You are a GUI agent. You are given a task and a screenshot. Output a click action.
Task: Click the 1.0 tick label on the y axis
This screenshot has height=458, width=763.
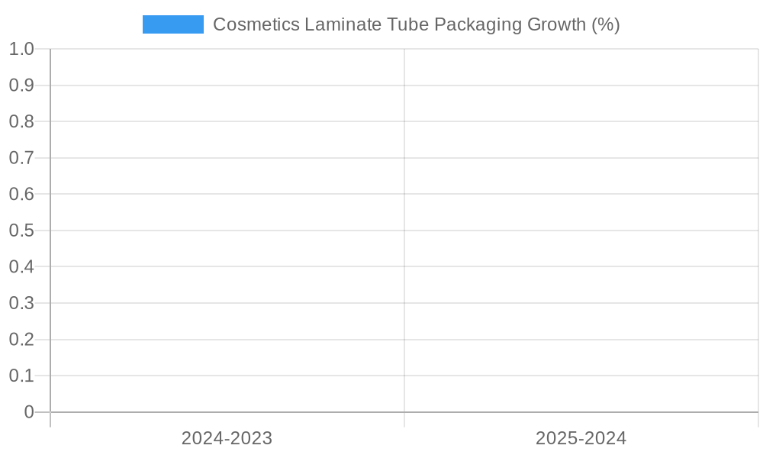click(x=21, y=49)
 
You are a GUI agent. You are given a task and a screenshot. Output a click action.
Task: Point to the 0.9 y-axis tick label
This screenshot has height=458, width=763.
click(x=21, y=85)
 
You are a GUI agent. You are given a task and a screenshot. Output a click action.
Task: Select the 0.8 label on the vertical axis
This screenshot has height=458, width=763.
click(x=21, y=121)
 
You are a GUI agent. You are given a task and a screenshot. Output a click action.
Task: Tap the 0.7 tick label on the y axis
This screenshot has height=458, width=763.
click(x=21, y=158)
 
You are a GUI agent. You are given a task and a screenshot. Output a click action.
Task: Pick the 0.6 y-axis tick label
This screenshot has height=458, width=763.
click(x=21, y=194)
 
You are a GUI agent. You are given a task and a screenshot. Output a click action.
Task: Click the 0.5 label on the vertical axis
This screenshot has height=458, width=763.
click(x=21, y=231)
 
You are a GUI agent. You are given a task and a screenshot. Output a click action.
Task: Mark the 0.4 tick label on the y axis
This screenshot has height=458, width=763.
click(x=21, y=266)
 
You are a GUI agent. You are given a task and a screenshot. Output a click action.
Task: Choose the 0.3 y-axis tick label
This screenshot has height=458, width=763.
click(x=21, y=303)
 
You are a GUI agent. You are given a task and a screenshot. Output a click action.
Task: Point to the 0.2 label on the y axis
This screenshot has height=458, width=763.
click(x=21, y=339)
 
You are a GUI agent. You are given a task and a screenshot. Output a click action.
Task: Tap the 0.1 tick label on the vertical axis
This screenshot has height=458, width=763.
click(x=21, y=376)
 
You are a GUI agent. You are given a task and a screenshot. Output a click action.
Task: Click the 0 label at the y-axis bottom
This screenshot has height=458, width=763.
click(x=29, y=412)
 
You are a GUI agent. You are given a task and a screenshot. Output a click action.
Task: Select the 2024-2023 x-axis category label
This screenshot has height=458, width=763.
click(x=227, y=438)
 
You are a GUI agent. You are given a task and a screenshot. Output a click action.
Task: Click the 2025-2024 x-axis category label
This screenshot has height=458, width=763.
click(x=581, y=438)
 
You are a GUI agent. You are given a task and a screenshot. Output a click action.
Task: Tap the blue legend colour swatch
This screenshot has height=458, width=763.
click(x=173, y=24)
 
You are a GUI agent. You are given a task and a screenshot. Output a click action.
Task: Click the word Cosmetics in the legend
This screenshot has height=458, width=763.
click(x=256, y=24)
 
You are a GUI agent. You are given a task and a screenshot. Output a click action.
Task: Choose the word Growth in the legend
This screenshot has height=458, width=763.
click(x=557, y=24)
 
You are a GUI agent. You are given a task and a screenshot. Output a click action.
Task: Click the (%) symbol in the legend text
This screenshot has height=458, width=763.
click(x=606, y=24)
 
